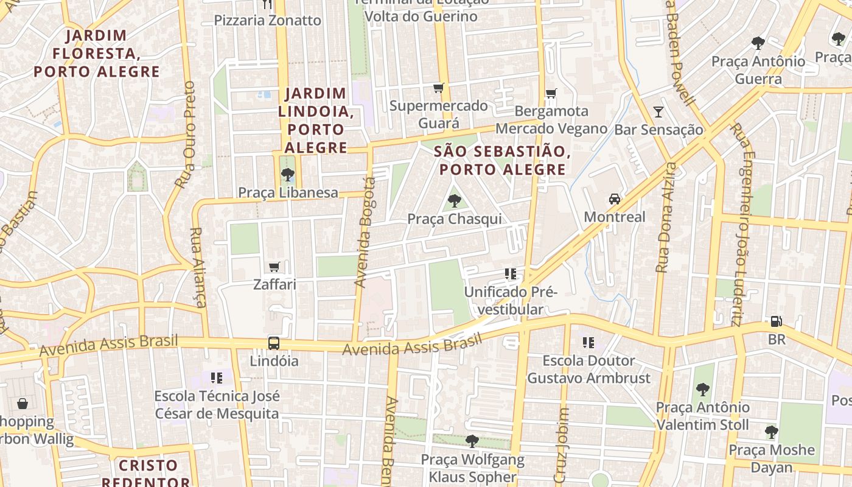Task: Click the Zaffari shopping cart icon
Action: click(x=274, y=267)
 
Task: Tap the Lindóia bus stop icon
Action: click(x=274, y=343)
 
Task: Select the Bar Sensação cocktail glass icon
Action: click(x=658, y=112)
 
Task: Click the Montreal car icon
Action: click(x=614, y=199)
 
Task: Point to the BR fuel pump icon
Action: click(x=776, y=321)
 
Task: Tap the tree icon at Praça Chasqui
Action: click(x=454, y=200)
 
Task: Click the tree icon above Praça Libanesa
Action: click(x=287, y=175)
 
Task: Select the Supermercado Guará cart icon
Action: click(x=438, y=88)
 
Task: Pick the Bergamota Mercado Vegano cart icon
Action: click(x=551, y=93)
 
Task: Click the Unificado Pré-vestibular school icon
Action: click(x=510, y=274)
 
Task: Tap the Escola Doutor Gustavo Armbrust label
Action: click(x=588, y=370)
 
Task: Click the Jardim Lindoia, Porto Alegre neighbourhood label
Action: click(x=315, y=121)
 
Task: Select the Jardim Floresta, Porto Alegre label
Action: click(x=97, y=54)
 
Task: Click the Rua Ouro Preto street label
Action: click(x=185, y=134)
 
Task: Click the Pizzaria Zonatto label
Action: click(x=267, y=20)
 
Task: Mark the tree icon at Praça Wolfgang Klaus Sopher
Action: click(x=472, y=441)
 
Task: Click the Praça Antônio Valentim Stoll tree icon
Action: click(x=702, y=389)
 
